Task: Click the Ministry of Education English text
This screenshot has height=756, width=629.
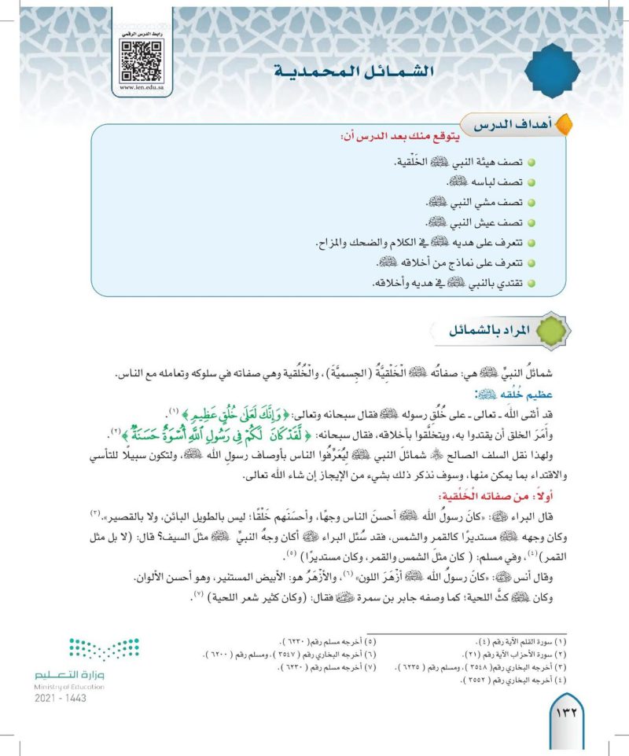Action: coord(70,686)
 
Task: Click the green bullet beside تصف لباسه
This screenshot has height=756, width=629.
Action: coord(532,182)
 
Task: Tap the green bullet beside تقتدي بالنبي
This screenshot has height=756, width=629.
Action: coord(532,284)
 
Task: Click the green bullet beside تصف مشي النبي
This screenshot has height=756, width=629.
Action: coord(532,202)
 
